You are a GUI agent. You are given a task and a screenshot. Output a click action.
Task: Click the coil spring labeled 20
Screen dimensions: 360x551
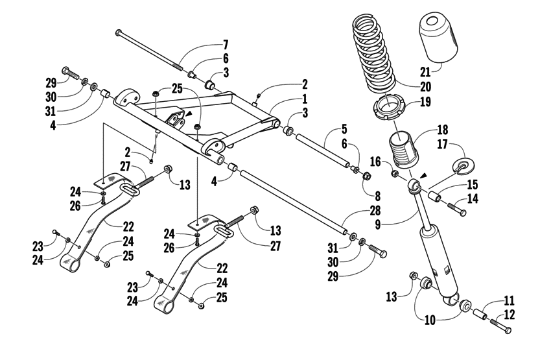376,55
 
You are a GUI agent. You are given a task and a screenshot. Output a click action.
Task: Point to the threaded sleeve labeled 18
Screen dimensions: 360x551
403,150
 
